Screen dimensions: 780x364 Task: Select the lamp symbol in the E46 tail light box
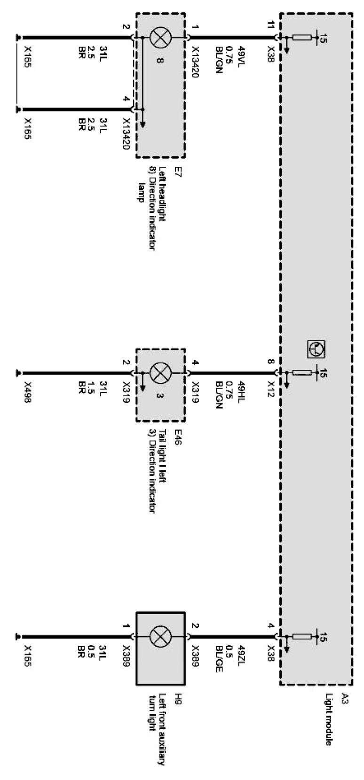tap(159, 374)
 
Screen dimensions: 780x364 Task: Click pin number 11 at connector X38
tap(270, 25)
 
